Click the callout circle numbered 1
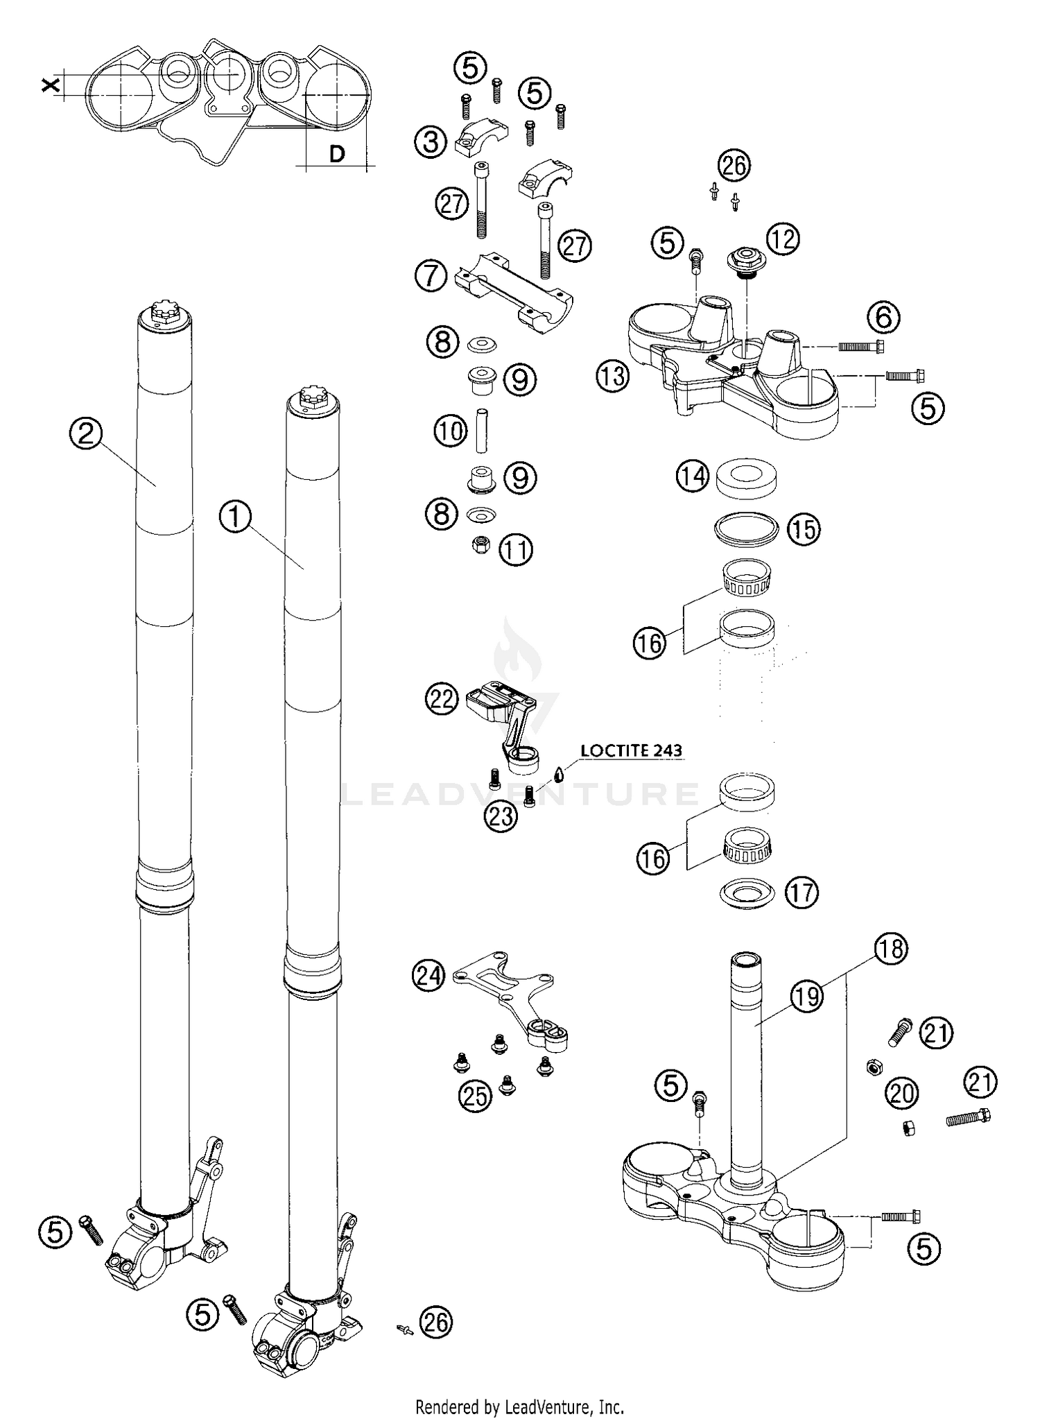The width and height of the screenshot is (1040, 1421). (236, 517)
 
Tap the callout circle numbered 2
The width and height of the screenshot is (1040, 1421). (86, 434)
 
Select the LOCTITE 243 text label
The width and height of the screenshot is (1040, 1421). (631, 750)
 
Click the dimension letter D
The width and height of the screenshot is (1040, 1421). (337, 154)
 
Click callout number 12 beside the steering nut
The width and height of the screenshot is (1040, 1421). (782, 239)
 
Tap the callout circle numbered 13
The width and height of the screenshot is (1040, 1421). (612, 377)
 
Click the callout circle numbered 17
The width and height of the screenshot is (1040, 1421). (801, 892)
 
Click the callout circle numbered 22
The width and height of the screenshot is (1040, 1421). (442, 698)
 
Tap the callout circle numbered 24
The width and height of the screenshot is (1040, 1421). (428, 976)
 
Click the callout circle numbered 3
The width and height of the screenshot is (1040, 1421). (431, 143)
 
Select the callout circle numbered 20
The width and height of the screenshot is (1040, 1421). (902, 1094)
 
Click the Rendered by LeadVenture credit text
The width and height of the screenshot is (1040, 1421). (519, 1406)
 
